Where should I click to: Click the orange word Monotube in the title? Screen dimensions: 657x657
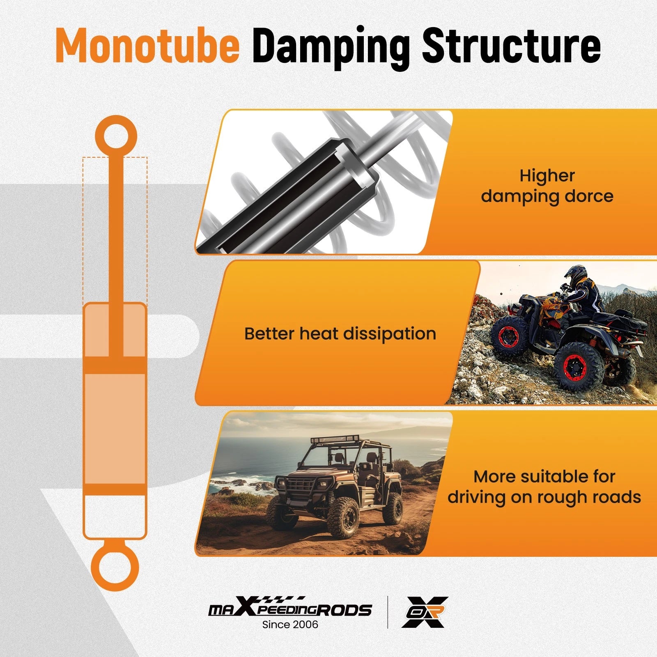(147, 46)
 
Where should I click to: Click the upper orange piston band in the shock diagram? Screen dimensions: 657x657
(115, 365)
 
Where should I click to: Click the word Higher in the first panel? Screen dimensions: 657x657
(547, 176)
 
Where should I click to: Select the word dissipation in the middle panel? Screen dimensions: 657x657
(390, 333)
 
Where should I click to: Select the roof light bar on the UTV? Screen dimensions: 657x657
(335, 439)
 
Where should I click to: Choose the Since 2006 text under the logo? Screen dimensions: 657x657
(290, 625)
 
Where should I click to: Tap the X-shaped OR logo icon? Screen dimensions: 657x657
(425, 612)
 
